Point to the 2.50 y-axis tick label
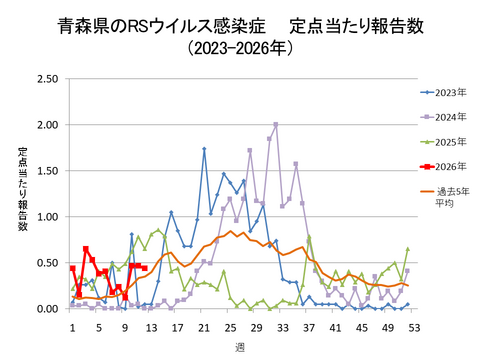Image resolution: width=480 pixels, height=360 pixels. pos(46,79)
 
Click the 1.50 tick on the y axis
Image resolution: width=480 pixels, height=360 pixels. pos(46,171)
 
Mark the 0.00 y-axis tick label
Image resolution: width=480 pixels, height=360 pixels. pos(46,309)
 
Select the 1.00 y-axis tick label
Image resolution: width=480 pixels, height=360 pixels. pos(46,217)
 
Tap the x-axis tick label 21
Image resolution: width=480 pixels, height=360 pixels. pos(203,326)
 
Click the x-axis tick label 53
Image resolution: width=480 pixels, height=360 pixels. pos(413,326)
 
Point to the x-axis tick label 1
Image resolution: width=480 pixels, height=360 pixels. pos(72,326)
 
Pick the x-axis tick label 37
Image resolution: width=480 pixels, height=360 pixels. pos(308,326)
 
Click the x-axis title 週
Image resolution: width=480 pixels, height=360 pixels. pos(241,345)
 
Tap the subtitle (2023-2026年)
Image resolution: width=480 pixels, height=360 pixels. pos(240,48)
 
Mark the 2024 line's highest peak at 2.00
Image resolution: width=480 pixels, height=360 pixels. pos(276,125)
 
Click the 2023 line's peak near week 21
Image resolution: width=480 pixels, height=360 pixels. pos(204,149)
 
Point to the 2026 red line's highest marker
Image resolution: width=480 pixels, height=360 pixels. pos(86,249)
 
